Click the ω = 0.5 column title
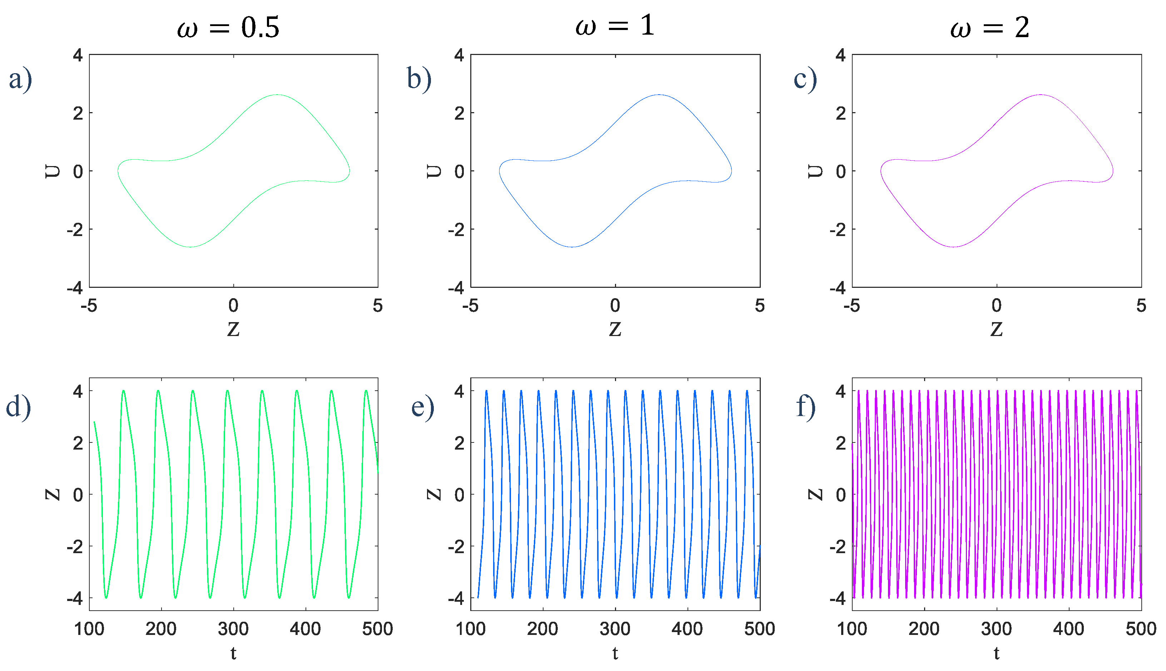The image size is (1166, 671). click(228, 27)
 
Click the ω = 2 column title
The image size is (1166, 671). click(989, 27)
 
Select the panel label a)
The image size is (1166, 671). click(20, 78)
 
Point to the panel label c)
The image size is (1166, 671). click(805, 78)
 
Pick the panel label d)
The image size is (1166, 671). click(19, 406)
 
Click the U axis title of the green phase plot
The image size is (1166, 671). click(53, 171)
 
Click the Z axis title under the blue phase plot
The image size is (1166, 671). click(615, 329)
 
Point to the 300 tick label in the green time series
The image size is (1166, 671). click(233, 629)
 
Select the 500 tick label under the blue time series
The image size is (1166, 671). click(759, 629)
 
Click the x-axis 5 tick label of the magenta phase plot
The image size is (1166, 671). click(1141, 306)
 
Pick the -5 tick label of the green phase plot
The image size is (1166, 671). click(89, 306)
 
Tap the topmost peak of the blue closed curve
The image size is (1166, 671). click(659, 95)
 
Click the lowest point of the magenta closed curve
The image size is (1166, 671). click(953, 247)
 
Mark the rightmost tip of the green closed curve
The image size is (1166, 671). click(349, 171)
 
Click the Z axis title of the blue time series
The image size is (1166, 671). click(434, 495)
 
